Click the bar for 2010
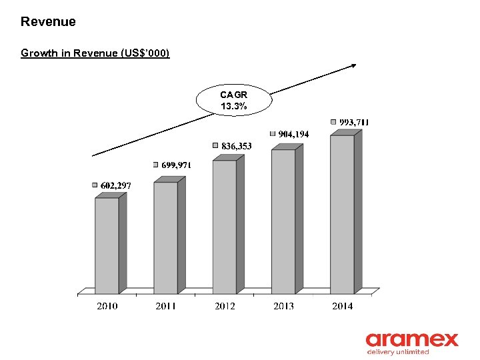(x=107, y=245)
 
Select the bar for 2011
(x=165, y=237)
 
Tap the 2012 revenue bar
(x=224, y=227)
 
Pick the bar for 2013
(x=283, y=221)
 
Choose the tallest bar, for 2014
(x=342, y=214)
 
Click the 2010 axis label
(x=107, y=306)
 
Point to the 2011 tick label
(x=165, y=306)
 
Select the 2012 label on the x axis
(x=225, y=306)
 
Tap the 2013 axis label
(x=283, y=306)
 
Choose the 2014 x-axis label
(x=342, y=306)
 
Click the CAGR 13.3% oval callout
(x=234, y=101)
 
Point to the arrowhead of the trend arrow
(x=353, y=65)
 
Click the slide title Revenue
(x=48, y=21)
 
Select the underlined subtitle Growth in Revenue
(x=95, y=53)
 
